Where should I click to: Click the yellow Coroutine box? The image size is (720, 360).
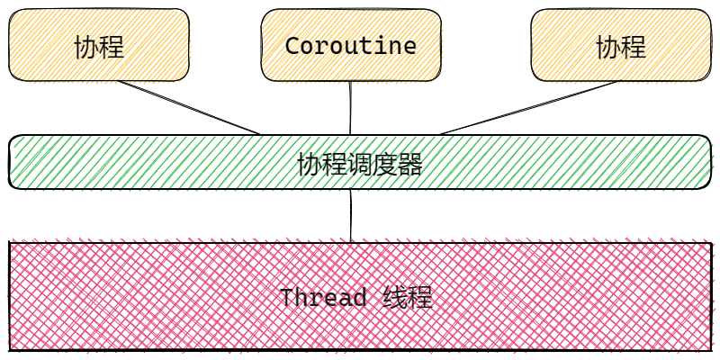click(x=351, y=45)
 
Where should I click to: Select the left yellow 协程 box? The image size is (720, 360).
click(x=99, y=45)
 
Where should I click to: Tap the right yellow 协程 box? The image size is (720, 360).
click(x=621, y=45)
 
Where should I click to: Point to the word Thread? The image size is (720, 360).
click(x=323, y=298)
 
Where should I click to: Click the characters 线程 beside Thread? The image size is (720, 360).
click(x=408, y=298)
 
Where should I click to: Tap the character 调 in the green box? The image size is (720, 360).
click(x=359, y=164)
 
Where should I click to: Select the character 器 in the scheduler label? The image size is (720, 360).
click(x=409, y=164)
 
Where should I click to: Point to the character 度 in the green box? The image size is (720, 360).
click(x=384, y=164)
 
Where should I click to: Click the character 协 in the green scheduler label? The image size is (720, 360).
click(x=309, y=164)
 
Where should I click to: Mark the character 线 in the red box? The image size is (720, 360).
click(x=395, y=298)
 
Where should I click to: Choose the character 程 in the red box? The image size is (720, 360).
click(x=420, y=298)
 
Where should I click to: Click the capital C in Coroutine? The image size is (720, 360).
click(x=292, y=46)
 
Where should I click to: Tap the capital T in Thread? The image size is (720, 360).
click(x=287, y=298)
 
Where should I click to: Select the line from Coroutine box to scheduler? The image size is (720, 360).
click(x=351, y=108)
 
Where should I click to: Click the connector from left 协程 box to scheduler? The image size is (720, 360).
click(x=189, y=108)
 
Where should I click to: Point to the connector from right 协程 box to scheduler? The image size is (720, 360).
click(x=531, y=108)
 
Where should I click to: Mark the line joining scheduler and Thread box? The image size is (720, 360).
click(x=352, y=216)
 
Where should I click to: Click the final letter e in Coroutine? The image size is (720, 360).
click(x=409, y=46)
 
